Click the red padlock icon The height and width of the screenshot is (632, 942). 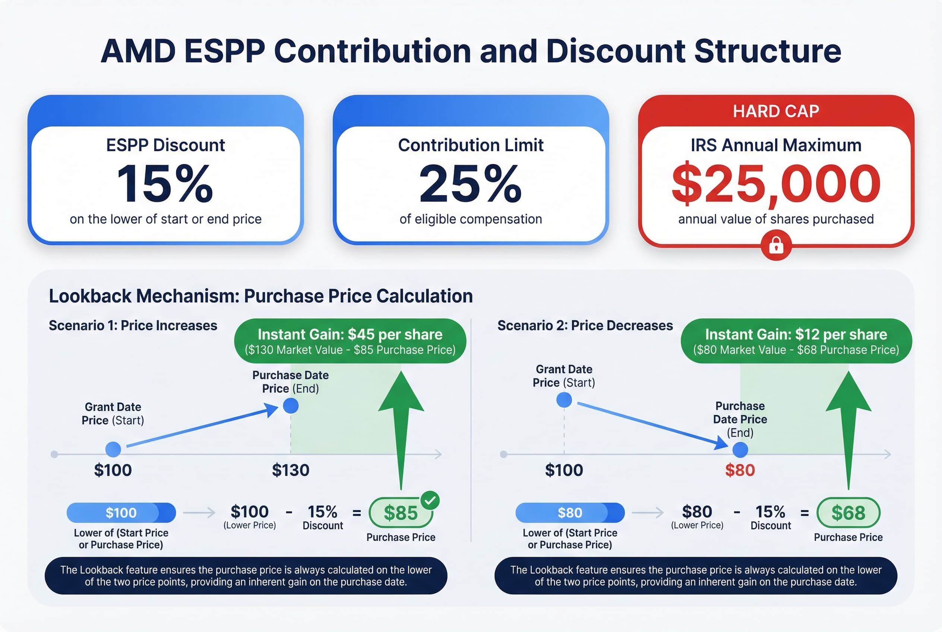coord(776,245)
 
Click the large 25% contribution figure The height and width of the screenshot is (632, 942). coord(470,184)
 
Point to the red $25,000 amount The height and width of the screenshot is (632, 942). coord(775,184)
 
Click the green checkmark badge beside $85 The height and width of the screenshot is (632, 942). coord(430,500)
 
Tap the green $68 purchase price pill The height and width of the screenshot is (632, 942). coord(848,513)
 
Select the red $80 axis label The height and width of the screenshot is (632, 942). coord(740,470)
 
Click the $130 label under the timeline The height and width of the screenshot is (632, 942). coord(290,470)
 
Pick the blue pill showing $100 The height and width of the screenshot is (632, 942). coord(121,513)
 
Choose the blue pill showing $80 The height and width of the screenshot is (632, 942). coord(569,513)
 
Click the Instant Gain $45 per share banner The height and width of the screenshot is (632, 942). coord(350,341)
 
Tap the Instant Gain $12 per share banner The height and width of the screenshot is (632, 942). coord(796,341)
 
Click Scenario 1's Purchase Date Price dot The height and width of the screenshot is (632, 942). coord(291,405)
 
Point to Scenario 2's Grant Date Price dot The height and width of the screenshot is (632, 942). coord(564,400)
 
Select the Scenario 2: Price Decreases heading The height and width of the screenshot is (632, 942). coord(585,325)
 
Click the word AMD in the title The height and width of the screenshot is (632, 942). coord(138,51)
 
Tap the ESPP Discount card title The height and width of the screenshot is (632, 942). coord(165,145)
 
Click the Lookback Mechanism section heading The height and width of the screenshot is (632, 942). coord(260,296)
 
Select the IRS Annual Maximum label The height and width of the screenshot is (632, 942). coord(775,145)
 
